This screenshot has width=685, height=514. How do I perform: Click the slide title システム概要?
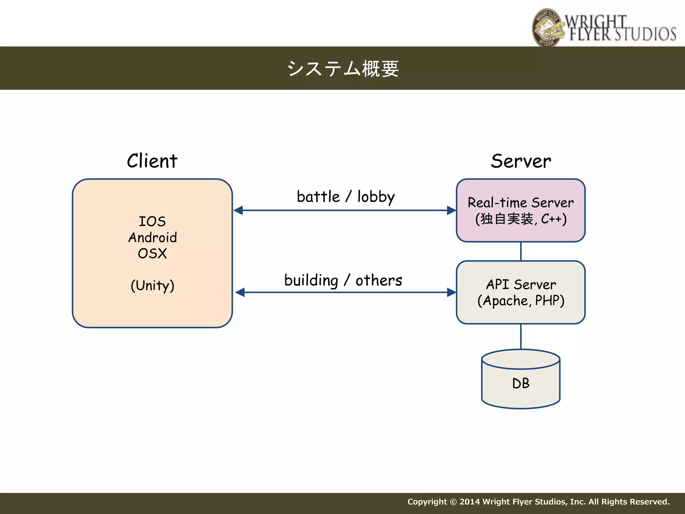click(343, 69)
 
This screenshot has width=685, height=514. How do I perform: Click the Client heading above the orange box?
click(152, 161)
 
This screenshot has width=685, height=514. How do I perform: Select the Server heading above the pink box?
click(521, 161)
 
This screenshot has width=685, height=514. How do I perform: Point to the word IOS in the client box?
click(152, 222)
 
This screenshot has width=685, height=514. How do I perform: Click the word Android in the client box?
click(153, 238)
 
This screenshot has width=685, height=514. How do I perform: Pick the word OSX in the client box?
click(152, 253)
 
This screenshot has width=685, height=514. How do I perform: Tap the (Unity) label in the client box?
click(153, 285)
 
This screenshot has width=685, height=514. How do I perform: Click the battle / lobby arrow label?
click(346, 196)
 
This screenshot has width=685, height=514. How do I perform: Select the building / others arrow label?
click(343, 280)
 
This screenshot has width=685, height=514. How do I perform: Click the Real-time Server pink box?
click(521, 210)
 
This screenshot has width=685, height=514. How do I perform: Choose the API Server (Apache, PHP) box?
click(521, 292)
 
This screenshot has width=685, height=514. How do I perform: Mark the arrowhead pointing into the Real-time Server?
click(452, 210)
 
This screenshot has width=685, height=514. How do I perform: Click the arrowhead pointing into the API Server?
click(452, 292)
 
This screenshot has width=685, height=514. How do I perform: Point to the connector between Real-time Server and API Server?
click(521, 251)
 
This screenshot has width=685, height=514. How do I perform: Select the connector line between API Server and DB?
click(521, 336)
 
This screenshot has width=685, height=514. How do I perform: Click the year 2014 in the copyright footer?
click(470, 502)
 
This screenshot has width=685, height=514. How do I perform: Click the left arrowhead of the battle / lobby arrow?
click(238, 210)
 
